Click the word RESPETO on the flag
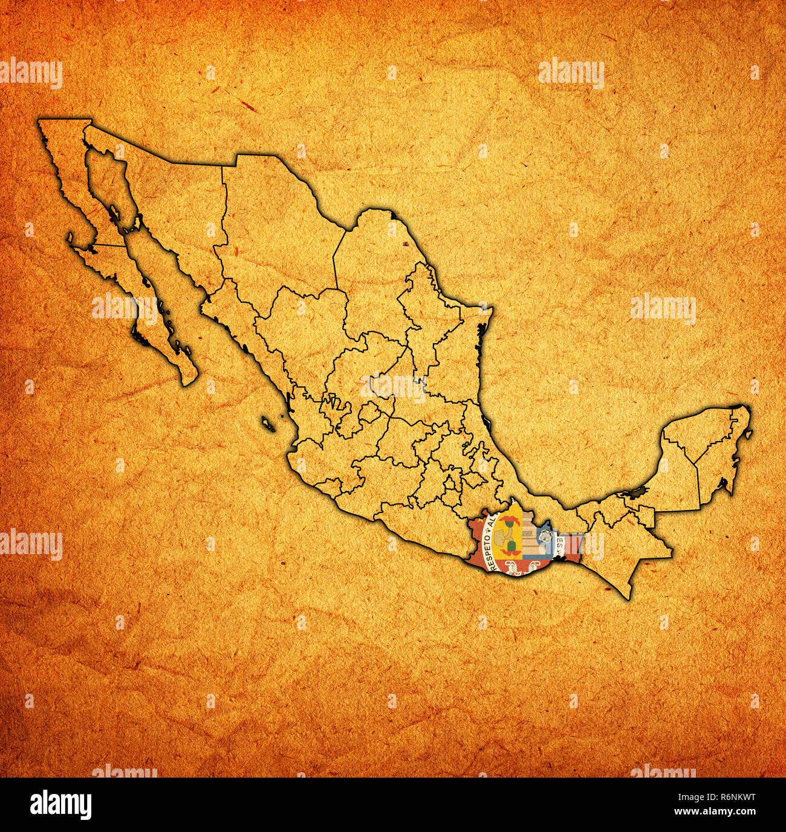[x=489, y=556]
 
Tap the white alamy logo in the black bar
[x=60, y=804]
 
